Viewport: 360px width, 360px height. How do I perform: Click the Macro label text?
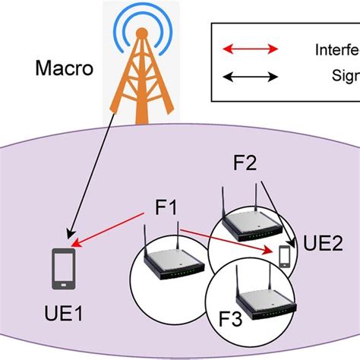(64, 70)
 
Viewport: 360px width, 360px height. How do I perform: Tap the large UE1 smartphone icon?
(62, 269)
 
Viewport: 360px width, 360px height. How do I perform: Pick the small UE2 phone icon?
(285, 255)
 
